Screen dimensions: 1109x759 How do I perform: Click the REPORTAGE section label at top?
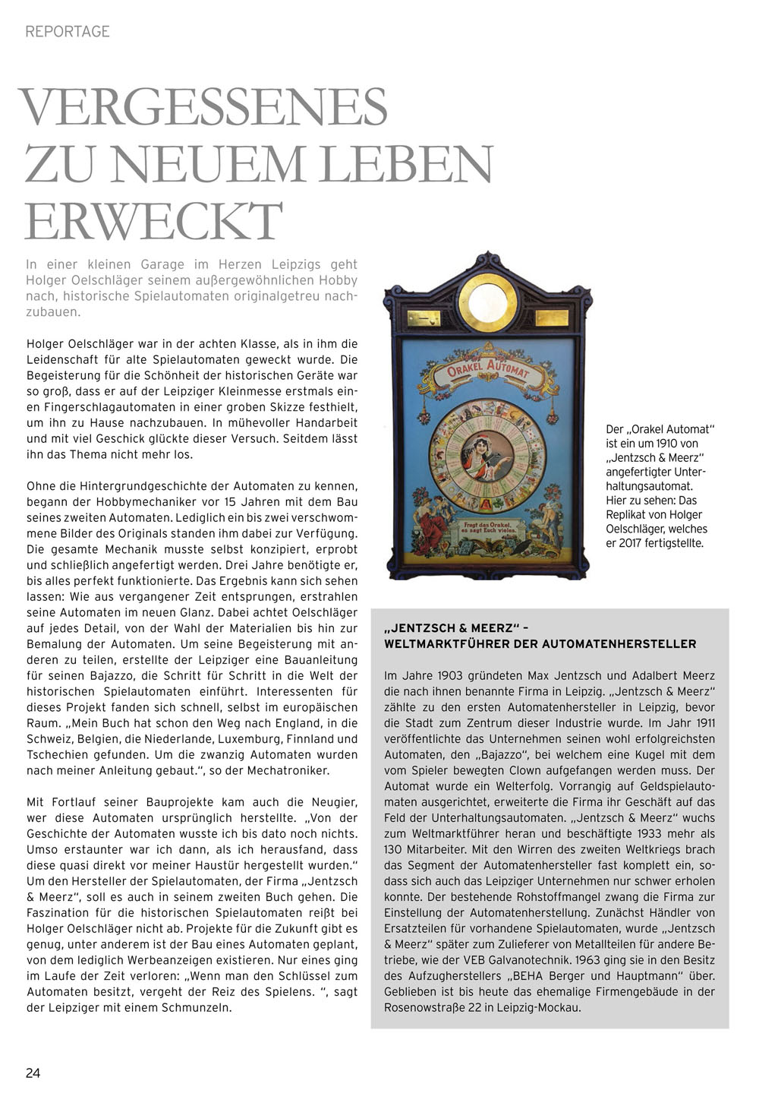68,31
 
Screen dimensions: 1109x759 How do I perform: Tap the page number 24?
33,1073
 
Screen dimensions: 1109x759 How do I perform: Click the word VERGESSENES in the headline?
203,107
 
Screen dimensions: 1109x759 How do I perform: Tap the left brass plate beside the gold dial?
424,318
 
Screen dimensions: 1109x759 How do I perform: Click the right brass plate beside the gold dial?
551,318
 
